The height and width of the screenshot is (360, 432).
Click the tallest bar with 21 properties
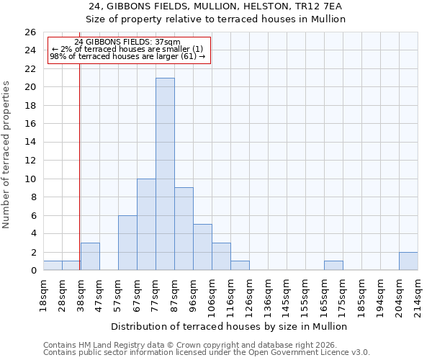click(165, 174)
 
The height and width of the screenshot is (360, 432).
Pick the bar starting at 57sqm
click(127, 243)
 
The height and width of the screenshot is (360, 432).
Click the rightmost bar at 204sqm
click(408, 261)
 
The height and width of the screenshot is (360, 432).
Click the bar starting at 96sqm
click(202, 247)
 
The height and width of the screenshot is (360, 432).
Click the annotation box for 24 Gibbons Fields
click(127, 50)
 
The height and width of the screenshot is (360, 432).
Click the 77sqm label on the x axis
click(156, 292)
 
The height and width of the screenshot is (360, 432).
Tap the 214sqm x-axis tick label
click(418, 292)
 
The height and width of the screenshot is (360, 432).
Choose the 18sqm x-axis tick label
click(43, 292)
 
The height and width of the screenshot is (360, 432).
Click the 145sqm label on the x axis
click(287, 294)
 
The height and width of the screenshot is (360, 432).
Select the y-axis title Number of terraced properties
click(6, 155)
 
